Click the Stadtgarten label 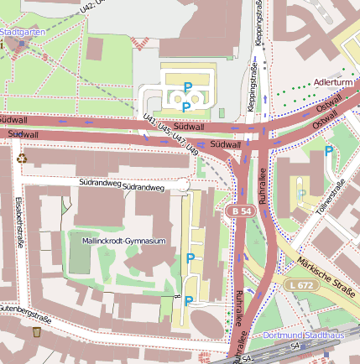(x=23, y=32)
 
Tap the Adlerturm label (x=332, y=83)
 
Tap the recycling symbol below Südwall (x=22, y=157)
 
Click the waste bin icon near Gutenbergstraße (x=38, y=333)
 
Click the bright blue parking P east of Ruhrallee (x=329, y=151)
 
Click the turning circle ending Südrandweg (x=184, y=185)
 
